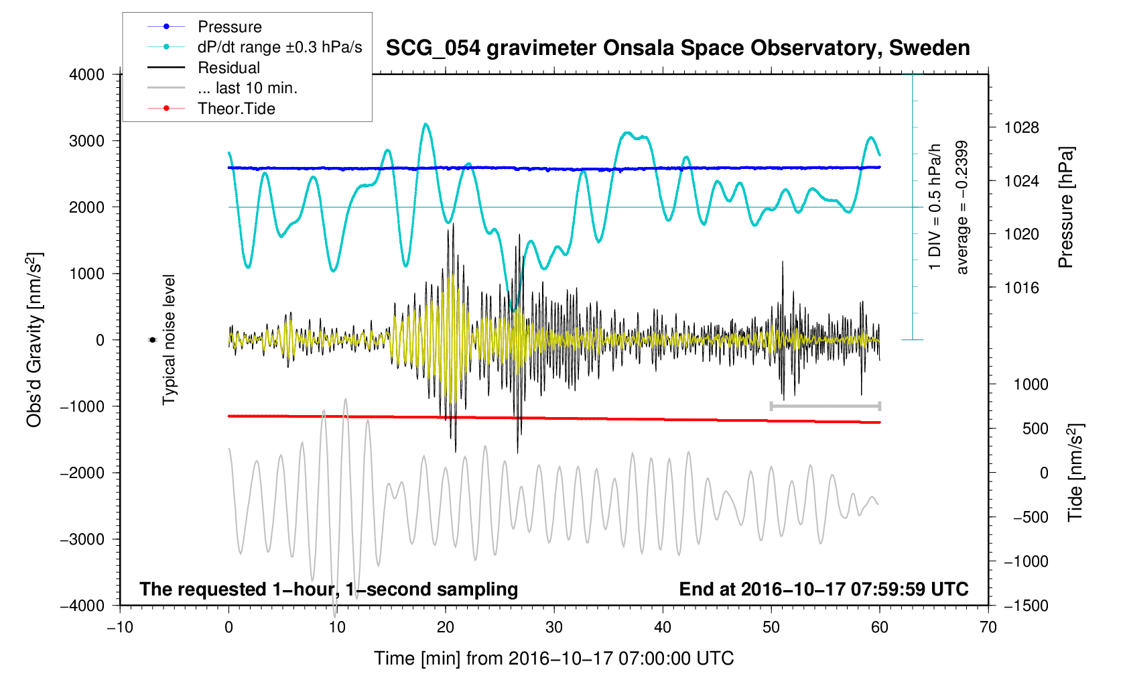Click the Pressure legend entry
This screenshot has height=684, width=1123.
coord(229,27)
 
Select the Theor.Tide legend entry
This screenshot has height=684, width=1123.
coord(236,109)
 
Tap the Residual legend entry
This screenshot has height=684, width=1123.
coord(228,68)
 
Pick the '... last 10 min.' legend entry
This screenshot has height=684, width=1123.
coord(247,88)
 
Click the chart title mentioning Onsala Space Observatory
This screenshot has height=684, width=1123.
coord(677,48)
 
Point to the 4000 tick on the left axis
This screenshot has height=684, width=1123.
coord(87,74)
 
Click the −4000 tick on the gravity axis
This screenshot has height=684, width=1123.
coord(82,606)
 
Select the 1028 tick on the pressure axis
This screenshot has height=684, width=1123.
coord(1021,127)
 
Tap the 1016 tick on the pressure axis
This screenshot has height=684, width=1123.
coord(1021,288)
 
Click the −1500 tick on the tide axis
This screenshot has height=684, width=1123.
coord(1025,606)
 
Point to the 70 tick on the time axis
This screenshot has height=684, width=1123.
coord(988,627)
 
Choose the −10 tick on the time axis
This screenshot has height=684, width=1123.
coord(120,627)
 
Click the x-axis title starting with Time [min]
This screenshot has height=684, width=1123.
coord(553,659)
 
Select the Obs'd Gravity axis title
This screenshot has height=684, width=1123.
coord(34,339)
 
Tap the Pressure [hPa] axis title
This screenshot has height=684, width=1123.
coord(1065,207)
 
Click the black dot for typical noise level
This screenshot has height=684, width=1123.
coord(152,340)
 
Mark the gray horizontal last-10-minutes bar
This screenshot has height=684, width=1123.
coord(825,406)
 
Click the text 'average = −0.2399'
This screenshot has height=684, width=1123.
coord(962,207)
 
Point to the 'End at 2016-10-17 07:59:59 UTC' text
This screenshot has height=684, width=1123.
coord(823,589)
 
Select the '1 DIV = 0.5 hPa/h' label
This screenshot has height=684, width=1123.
coord(935,207)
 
